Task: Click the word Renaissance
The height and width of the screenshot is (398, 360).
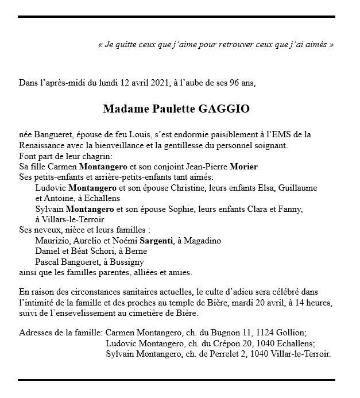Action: (41, 146)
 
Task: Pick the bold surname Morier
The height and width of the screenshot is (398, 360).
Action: (245, 167)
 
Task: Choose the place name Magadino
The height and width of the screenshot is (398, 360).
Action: (204, 241)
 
